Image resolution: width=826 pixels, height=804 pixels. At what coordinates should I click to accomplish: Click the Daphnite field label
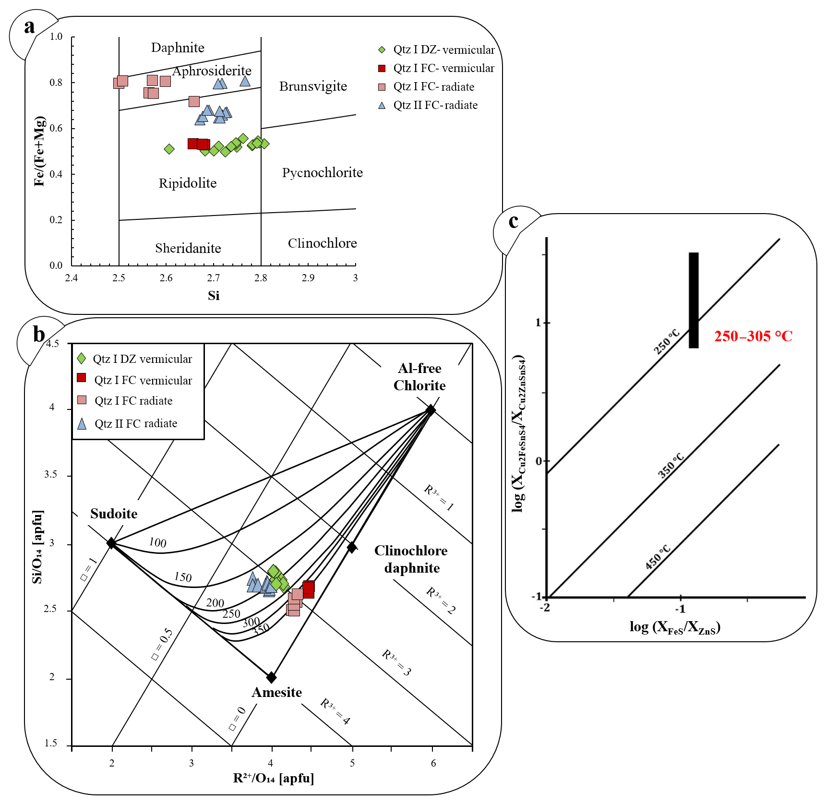point(178,48)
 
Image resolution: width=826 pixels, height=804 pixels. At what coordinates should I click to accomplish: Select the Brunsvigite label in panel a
point(313,86)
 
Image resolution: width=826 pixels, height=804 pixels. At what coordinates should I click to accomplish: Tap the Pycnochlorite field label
point(322,173)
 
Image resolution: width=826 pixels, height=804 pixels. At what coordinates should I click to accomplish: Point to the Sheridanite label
point(188,248)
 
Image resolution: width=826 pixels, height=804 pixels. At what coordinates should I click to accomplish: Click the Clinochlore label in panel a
point(322,243)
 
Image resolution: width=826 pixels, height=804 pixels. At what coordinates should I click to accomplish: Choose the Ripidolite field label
point(188,183)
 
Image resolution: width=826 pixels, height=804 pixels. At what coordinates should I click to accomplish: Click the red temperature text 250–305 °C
point(753,336)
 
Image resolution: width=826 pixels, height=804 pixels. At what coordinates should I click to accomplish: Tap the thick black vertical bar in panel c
point(694,300)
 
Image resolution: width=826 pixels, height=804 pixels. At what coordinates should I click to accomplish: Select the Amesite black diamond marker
point(272,677)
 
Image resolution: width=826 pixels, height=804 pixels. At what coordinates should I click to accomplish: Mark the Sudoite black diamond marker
point(111,543)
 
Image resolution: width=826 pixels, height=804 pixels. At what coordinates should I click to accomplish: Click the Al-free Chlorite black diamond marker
point(431,409)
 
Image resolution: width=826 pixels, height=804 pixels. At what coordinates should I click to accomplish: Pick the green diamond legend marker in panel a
point(382,49)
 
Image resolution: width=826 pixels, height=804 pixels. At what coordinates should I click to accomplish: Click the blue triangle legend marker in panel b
point(82,423)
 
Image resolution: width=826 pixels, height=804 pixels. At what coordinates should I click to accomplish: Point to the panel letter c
point(514,221)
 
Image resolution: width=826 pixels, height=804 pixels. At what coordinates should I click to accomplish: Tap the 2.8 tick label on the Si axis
point(261,278)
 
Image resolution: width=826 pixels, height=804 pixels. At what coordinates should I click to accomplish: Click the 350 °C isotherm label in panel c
point(670,465)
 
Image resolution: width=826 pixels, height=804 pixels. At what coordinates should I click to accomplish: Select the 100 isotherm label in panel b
point(157,542)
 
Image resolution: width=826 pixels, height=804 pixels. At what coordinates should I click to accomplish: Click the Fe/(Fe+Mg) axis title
point(39,151)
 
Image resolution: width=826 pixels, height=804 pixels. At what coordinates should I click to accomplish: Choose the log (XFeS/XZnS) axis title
point(675,627)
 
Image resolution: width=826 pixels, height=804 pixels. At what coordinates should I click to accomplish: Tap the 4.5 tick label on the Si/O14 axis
point(52,344)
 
